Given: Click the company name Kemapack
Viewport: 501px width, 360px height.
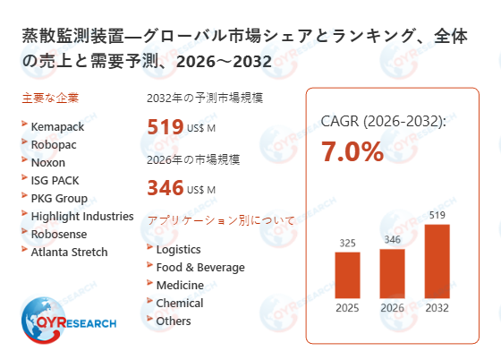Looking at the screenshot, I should click(x=56, y=127).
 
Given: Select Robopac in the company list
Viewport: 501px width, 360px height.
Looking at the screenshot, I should click(x=55, y=145).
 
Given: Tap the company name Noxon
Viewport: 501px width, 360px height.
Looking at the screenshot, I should click(x=49, y=163).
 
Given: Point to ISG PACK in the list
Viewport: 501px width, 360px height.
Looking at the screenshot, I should click(x=55, y=181).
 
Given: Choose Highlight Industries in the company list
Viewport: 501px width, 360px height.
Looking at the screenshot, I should click(x=81, y=217).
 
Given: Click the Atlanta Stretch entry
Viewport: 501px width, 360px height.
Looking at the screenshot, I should click(x=69, y=253).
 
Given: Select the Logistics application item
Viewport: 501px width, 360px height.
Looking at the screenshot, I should click(x=178, y=249).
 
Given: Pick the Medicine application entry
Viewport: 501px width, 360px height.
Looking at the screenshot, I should click(x=179, y=285).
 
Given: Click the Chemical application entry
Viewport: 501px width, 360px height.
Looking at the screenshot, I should click(x=179, y=303).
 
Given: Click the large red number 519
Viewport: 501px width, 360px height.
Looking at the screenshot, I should click(x=165, y=127).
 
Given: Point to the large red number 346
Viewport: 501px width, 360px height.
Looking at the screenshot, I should click(x=165, y=188).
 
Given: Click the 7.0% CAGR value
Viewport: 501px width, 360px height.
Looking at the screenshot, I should click(x=352, y=152).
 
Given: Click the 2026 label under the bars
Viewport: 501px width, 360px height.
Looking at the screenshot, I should click(x=393, y=309).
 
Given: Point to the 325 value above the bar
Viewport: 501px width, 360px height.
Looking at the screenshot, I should click(x=347, y=243).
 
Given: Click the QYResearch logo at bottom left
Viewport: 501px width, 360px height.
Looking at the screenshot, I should click(x=67, y=323).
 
